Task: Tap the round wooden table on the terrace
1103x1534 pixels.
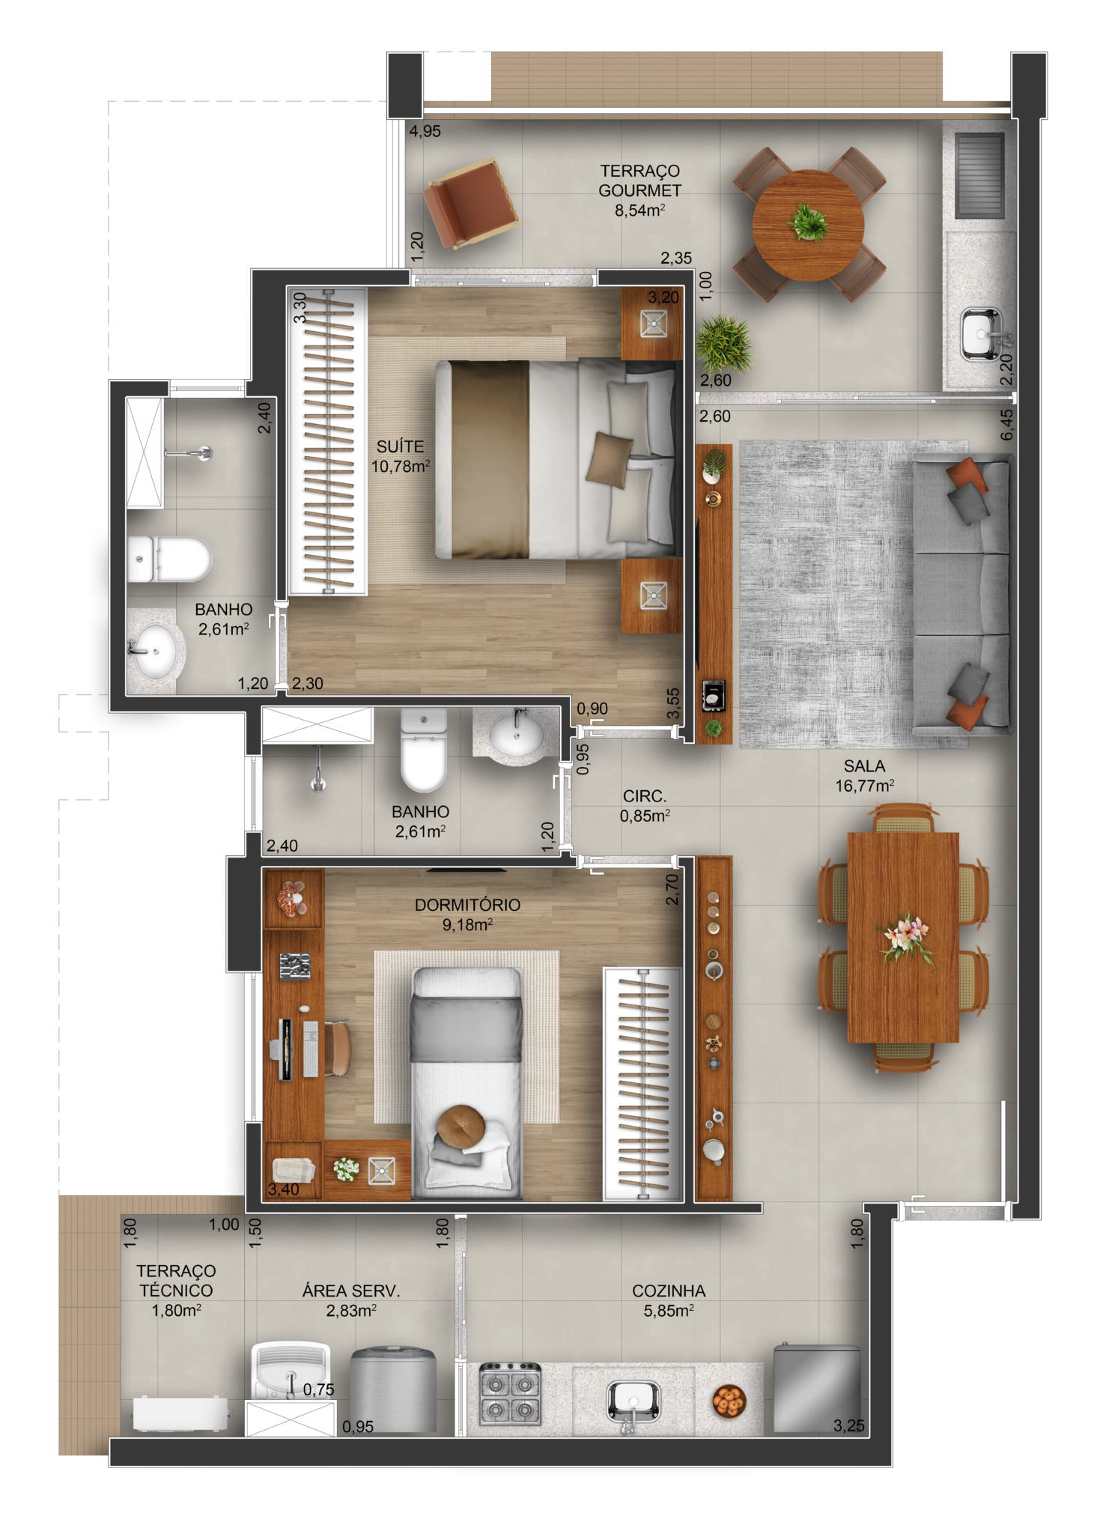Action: click(808, 225)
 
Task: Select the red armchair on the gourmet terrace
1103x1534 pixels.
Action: click(470, 203)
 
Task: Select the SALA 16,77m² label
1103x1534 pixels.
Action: click(865, 776)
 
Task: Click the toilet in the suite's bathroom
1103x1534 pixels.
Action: click(168, 560)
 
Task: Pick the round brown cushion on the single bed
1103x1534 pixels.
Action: click(461, 1125)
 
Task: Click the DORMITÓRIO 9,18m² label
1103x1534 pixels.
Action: click(467, 915)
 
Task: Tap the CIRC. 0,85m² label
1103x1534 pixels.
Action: click(645, 806)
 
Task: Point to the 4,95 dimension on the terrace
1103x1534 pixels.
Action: click(425, 131)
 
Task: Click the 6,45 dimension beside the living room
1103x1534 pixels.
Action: click(1007, 424)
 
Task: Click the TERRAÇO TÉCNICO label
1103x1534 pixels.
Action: click(176, 1281)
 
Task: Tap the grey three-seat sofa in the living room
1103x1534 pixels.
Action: click(961, 595)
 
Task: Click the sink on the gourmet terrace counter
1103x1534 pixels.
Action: click(982, 333)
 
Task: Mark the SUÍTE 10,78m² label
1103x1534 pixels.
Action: click(401, 456)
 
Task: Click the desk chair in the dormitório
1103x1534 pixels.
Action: click(338, 1048)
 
